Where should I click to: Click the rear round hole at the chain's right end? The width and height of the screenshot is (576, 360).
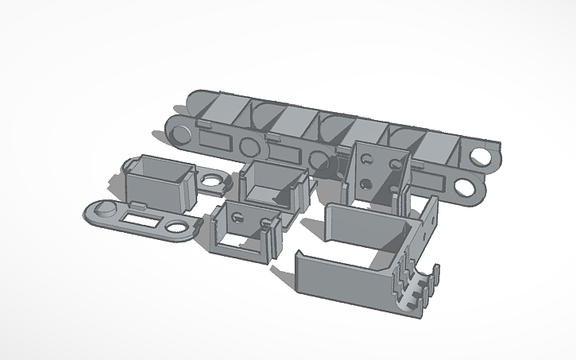(x=481, y=156)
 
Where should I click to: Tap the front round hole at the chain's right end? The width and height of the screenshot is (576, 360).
(x=465, y=188)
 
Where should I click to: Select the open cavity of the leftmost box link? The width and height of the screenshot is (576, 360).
(x=159, y=168)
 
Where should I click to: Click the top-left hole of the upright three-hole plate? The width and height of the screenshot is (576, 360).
(x=366, y=158)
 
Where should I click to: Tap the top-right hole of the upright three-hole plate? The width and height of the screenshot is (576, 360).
(x=392, y=163)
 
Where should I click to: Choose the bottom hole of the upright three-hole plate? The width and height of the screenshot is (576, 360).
(x=366, y=184)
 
